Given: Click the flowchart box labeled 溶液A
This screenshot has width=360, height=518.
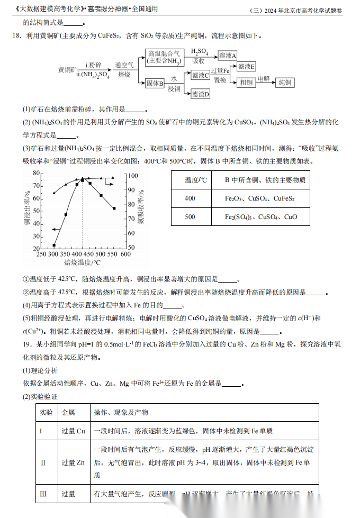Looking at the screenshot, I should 227,56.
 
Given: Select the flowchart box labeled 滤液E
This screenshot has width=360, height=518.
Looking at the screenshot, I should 246,67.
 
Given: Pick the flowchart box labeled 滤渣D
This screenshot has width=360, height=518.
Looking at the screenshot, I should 201,94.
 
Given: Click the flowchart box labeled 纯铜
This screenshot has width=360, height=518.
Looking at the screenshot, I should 285,83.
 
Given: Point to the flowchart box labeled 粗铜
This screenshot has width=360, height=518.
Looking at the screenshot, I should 246,83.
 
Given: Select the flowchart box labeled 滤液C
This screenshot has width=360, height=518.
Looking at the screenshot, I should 201,75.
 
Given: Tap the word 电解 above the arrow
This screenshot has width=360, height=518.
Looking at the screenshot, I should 264,78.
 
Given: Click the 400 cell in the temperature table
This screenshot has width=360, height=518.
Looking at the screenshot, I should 190,198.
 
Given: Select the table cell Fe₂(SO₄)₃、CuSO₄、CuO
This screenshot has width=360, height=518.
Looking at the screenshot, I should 261,217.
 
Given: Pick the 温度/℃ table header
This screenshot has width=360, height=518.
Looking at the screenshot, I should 196,180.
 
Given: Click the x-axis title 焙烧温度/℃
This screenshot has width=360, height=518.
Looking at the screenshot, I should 82,262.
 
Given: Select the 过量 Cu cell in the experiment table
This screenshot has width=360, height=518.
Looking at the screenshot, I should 73,431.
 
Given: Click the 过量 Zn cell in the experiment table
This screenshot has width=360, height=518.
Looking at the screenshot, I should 73,462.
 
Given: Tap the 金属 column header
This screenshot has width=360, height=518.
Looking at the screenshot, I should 68,412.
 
